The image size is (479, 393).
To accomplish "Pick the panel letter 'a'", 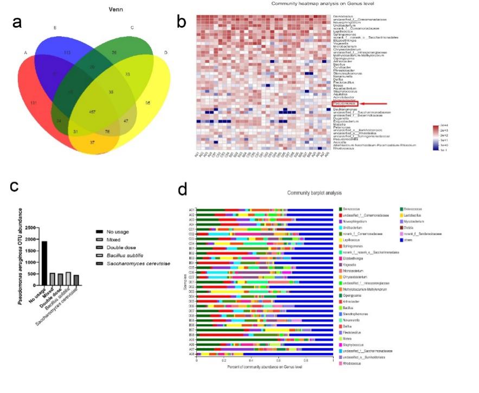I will pyautogui.click(x=17, y=22).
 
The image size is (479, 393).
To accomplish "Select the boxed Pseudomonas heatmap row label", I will pyautogui.click(x=343, y=103).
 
